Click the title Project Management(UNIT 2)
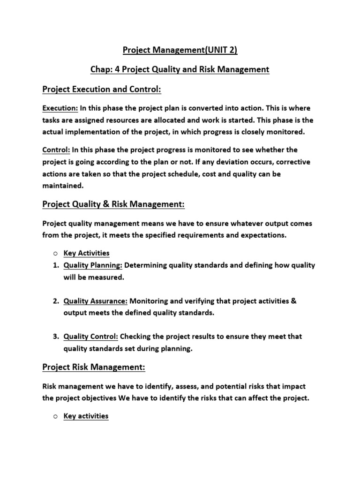coord(180,50)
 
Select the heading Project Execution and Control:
coord(102,89)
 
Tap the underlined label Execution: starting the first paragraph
coord(60,108)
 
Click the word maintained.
coord(62,186)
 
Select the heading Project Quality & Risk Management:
coord(113,205)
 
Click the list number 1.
coord(55,265)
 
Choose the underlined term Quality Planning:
coord(93,265)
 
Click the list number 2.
coord(55,301)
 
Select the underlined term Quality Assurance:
coord(96,301)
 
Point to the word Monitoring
coord(149,301)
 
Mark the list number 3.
coord(55,337)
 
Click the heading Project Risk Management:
coord(94,368)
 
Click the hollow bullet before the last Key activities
coord(55,416)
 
